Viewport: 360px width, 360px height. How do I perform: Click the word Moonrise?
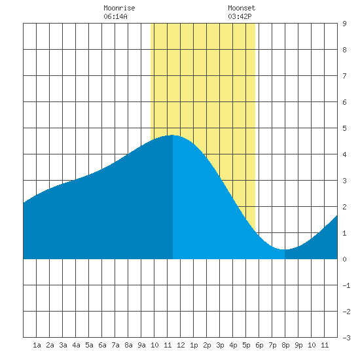point(119,8)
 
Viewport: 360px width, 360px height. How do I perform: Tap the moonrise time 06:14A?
point(115,16)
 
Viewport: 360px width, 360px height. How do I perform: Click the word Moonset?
point(242,8)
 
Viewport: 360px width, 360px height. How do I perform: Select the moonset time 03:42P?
point(240,16)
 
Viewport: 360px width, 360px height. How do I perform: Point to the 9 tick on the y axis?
point(344,24)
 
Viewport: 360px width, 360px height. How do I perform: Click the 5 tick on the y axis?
point(344,128)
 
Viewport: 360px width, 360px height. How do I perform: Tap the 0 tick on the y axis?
point(344,259)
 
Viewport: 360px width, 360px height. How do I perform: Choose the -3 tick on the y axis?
point(346,338)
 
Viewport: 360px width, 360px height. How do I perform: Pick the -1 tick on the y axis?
point(346,285)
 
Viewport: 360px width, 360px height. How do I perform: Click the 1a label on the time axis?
point(37,345)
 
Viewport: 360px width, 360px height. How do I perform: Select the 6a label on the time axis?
point(102,345)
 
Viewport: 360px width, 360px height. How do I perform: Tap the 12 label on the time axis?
point(181,345)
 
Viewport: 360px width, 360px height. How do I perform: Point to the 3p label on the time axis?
point(220,345)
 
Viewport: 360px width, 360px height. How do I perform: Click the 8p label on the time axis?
point(285,345)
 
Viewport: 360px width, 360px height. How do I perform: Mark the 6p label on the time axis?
point(259,345)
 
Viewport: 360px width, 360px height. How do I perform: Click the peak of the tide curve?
point(172,135)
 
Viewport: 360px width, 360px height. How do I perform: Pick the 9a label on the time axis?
point(141,345)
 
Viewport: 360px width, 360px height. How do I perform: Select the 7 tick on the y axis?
point(344,76)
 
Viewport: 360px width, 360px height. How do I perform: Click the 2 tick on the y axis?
point(344,207)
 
